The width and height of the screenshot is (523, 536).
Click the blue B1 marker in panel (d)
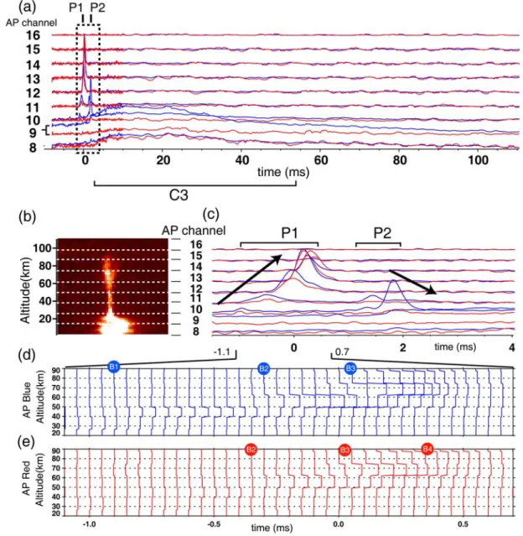[x=113, y=367]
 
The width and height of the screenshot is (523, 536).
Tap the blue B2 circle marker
[x=264, y=368]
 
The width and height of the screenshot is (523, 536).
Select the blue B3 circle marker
[x=350, y=368]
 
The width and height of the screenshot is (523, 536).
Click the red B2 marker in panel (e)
[x=251, y=449]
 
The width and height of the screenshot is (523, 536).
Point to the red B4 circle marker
[x=427, y=449]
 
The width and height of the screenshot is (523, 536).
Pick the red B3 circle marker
[x=344, y=450]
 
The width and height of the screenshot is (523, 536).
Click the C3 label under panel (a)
[x=179, y=195]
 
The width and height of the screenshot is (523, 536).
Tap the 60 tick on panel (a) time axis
[x=321, y=160]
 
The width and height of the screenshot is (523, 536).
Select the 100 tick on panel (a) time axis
[x=478, y=160]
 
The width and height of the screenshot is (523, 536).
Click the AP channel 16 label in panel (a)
[x=34, y=35]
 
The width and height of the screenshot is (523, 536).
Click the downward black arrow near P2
[x=413, y=282]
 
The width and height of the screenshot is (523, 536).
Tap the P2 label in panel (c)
[x=382, y=233]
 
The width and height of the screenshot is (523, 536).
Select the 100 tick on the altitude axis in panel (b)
[x=42, y=247]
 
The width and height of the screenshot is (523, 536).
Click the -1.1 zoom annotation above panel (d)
[x=222, y=351]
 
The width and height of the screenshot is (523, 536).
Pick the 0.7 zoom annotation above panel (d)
[x=342, y=351]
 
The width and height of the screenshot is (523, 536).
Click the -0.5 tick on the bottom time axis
[x=214, y=524]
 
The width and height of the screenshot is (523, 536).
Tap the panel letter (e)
[x=26, y=442]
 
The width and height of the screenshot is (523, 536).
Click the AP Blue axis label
[x=27, y=400]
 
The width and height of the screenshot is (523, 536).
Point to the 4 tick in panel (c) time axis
[x=511, y=347]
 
